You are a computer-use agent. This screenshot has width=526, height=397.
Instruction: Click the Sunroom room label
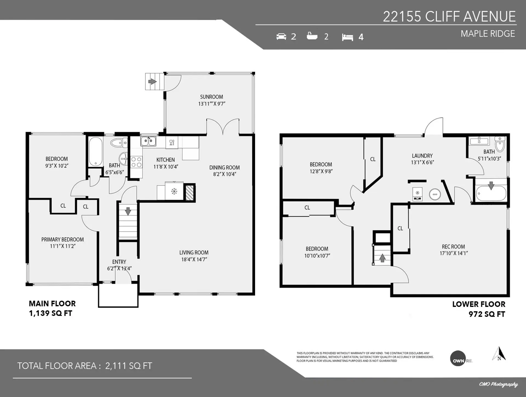211,97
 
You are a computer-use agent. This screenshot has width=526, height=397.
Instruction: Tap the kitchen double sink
148,141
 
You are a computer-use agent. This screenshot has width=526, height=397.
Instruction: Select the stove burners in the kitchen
136,162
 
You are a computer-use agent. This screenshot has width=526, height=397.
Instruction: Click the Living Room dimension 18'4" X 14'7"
194,259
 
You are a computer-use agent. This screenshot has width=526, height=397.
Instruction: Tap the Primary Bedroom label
62,239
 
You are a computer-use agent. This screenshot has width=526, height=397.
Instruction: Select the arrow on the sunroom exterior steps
152,81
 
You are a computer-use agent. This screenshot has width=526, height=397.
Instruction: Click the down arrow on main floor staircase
128,211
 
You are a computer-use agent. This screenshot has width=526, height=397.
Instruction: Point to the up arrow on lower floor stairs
382,258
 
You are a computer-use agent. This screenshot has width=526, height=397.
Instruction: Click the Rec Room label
453,247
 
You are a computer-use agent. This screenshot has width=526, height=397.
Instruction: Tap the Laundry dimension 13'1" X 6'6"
422,162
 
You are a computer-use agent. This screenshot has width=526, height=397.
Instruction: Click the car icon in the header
281,36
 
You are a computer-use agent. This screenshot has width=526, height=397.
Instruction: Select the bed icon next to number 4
347,37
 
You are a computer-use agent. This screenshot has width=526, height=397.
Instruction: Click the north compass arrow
499,354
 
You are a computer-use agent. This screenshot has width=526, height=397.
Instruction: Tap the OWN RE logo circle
458,358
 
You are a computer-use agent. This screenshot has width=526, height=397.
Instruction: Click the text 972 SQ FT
487,314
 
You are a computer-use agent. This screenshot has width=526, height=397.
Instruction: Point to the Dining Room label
224,167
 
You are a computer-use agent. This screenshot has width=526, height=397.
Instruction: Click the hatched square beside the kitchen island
190,193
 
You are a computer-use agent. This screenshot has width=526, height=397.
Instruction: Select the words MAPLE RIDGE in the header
488,34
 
